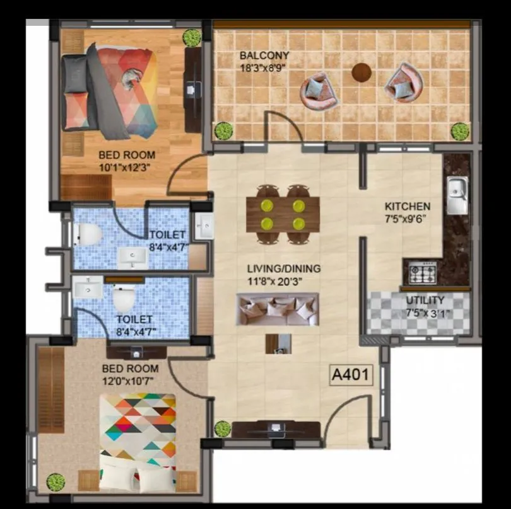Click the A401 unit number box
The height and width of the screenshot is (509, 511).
[x=351, y=375]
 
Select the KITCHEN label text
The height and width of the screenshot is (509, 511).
[x=408, y=206]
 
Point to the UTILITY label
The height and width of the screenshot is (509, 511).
[x=425, y=300]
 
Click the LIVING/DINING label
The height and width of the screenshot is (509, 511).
[x=283, y=268]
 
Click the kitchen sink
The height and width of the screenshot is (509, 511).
[x=457, y=195]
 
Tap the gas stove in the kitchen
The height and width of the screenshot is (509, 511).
[x=421, y=273]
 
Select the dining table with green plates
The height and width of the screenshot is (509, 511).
[x=283, y=214]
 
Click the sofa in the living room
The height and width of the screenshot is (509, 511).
[x=278, y=309]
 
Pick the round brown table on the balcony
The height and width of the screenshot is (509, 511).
[x=361, y=72]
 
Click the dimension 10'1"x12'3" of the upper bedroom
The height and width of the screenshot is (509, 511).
[x=126, y=167]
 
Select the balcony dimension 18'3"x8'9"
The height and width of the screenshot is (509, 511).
[x=264, y=67]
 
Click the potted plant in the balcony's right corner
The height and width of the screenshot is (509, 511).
[x=460, y=131]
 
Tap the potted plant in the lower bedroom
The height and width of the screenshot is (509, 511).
[x=56, y=482]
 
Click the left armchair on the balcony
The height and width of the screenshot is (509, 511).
[x=319, y=91]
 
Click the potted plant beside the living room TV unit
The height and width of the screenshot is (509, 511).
[x=223, y=428]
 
